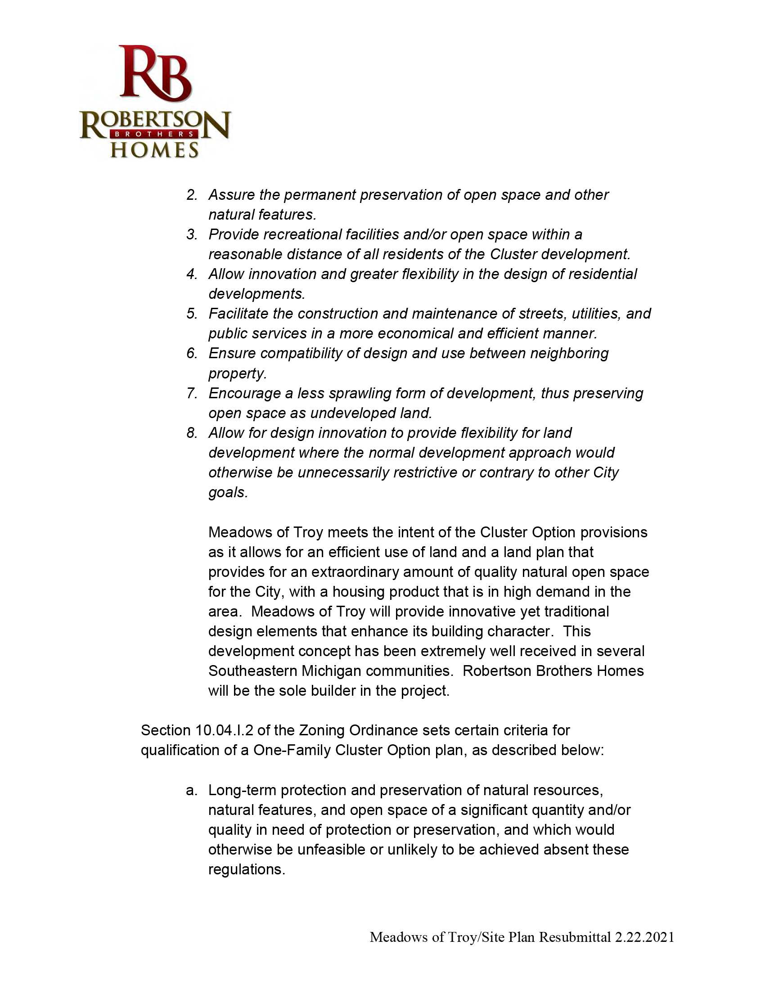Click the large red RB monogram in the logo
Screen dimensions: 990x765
[155, 73]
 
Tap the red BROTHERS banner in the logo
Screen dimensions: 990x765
[154, 134]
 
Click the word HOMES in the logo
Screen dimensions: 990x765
[154, 150]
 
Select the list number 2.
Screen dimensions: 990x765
[192, 195]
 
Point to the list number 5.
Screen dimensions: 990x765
[192, 314]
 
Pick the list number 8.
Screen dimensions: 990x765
[192, 433]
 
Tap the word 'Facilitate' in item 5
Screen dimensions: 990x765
[239, 314]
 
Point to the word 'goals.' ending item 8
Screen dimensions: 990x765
[228, 492]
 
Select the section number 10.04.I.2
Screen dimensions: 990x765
[224, 730]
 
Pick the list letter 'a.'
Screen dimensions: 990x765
[192, 790]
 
